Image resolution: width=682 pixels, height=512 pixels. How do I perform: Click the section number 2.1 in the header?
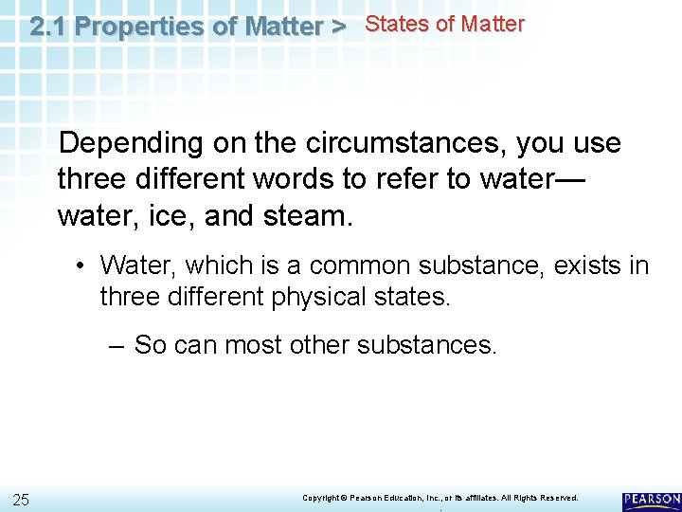point(48,27)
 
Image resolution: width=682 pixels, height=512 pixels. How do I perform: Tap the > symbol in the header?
point(338,27)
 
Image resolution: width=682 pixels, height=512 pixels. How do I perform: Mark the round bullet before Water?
point(83,265)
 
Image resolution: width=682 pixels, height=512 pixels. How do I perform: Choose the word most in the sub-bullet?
point(258,345)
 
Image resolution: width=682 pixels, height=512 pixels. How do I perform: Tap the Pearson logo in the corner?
point(651,501)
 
